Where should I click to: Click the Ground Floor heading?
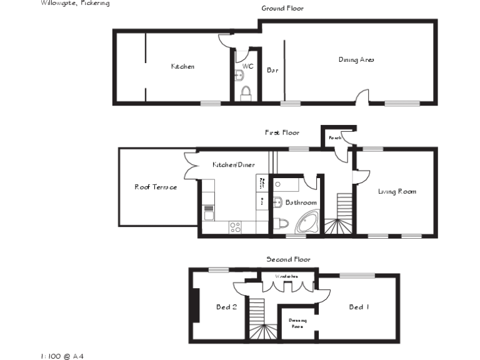click(x=282, y=8)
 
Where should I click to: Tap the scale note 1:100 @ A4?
click(x=62, y=356)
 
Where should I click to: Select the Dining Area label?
click(x=356, y=60)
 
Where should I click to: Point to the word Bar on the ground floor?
click(x=272, y=71)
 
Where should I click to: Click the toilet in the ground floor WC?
click(x=246, y=93)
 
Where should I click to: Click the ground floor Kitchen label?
click(x=182, y=66)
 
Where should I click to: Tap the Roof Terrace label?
click(x=156, y=187)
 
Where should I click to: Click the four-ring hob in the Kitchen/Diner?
click(x=236, y=227)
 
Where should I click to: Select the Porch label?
click(x=335, y=137)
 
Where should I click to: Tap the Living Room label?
click(x=397, y=191)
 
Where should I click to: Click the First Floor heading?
click(x=282, y=132)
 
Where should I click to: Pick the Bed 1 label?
click(x=359, y=307)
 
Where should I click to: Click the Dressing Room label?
click(x=297, y=323)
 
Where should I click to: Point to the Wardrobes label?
click(x=287, y=276)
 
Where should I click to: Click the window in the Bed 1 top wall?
click(x=357, y=275)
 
